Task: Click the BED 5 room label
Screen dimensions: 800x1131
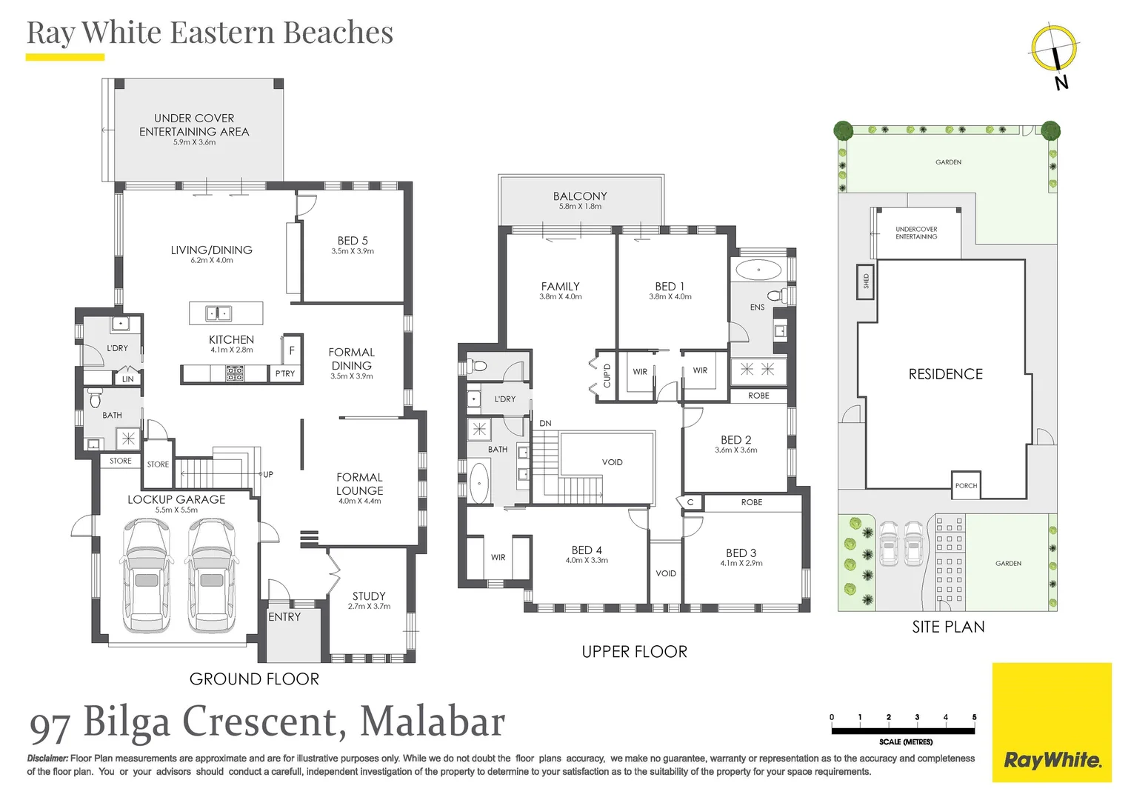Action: tap(353, 241)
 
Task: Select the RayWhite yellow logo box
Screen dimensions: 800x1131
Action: tap(1052, 722)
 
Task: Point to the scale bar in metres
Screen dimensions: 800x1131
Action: tap(903, 730)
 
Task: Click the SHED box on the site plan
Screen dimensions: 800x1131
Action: tap(865, 281)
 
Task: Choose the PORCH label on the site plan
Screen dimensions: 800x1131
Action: tap(966, 485)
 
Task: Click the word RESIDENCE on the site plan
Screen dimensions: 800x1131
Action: tap(946, 374)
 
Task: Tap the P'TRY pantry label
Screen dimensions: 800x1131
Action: tap(285, 373)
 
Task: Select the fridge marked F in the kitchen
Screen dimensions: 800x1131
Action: tap(292, 350)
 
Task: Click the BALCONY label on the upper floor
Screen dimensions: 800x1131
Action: tap(580, 196)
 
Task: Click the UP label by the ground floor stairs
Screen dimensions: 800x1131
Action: tap(268, 474)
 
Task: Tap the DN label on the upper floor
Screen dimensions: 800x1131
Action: tap(545, 424)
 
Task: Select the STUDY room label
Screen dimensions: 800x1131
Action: tap(369, 596)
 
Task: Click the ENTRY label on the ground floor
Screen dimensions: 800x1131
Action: tap(284, 617)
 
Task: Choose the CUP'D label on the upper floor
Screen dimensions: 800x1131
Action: tap(607, 376)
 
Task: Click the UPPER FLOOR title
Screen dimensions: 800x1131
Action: tap(634, 652)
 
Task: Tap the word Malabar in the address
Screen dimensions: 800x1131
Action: tap(433, 721)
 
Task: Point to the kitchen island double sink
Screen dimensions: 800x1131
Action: tap(218, 313)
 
